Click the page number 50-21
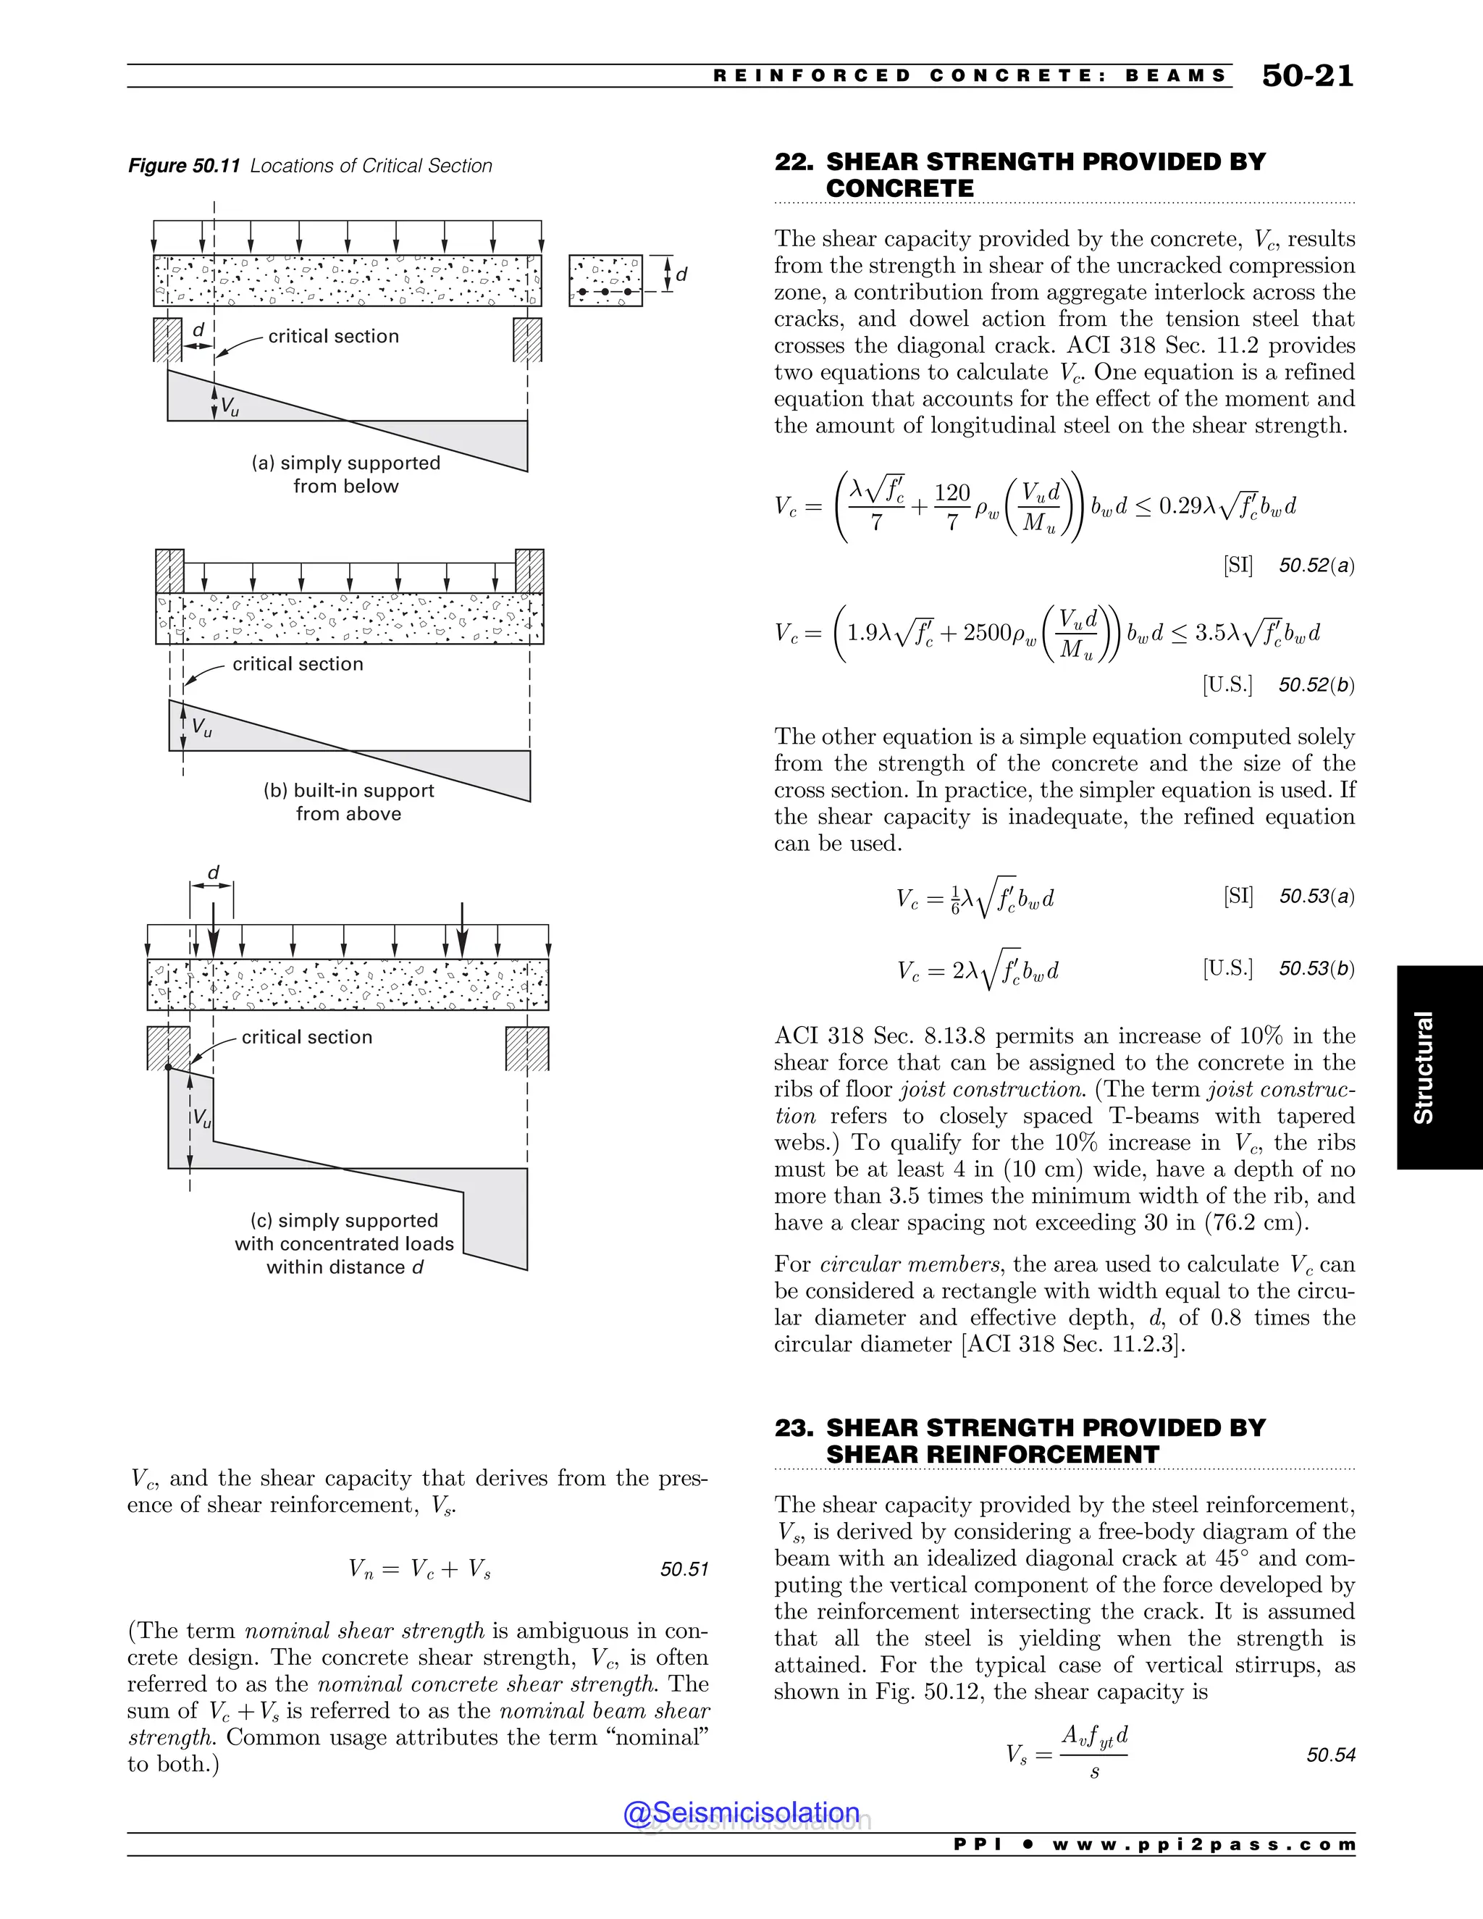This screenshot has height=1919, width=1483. [x=1307, y=77]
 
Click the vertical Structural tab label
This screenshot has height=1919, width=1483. [x=1423, y=1067]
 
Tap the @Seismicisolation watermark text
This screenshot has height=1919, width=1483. [x=741, y=1813]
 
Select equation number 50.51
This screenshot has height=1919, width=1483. [x=684, y=1569]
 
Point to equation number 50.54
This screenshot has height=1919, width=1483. [x=1330, y=1755]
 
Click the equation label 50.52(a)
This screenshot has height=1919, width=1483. [x=1316, y=566]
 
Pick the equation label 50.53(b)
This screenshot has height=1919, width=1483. [x=1316, y=968]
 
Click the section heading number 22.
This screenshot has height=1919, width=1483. [x=794, y=162]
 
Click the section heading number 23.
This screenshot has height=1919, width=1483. [x=794, y=1428]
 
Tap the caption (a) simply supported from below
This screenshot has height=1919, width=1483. [x=346, y=474]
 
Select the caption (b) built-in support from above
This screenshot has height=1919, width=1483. [x=349, y=802]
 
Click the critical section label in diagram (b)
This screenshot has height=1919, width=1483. [x=298, y=664]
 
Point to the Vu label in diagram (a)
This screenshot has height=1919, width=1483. [x=228, y=406]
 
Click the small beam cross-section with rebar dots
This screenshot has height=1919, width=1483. [x=605, y=280]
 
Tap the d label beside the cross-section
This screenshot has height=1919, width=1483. [x=681, y=275]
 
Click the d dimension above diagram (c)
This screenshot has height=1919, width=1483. [x=213, y=873]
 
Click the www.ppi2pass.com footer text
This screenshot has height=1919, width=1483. [x=1203, y=1845]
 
